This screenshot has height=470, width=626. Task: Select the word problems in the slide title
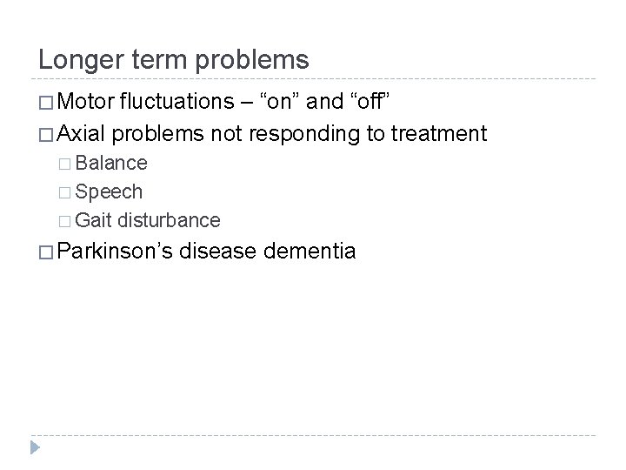coord(255,60)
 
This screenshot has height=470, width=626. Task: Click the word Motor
coord(90,104)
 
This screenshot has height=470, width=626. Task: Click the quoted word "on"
coord(278,104)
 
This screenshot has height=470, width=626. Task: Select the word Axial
coord(85,134)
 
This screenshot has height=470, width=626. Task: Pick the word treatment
coord(440,134)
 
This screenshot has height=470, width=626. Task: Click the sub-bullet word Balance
coord(111,163)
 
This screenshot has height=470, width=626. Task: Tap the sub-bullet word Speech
coord(109,192)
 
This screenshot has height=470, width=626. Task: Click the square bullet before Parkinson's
coord(46,253)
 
